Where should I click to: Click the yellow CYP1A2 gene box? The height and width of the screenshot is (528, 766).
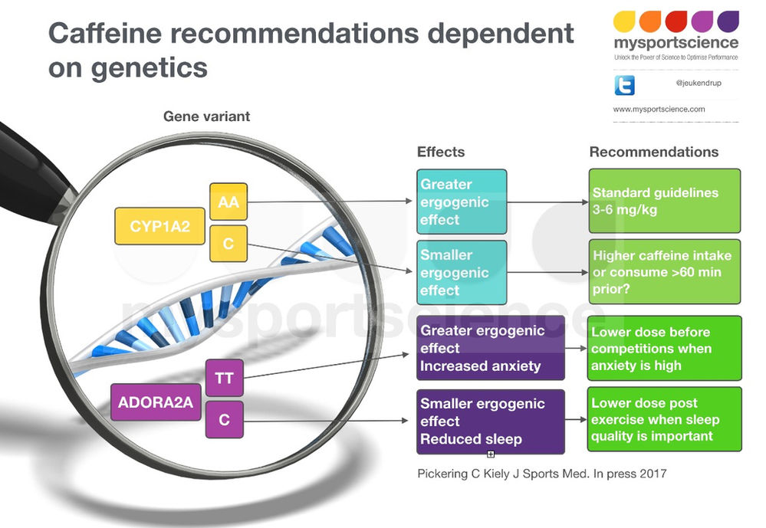159,227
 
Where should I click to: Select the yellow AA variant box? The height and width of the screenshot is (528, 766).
228,202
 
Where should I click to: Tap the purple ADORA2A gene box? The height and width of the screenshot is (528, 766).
156,402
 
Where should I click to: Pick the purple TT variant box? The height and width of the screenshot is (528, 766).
224,378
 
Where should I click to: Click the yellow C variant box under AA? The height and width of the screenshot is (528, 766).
228,244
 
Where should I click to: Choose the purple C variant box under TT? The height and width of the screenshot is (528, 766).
224,420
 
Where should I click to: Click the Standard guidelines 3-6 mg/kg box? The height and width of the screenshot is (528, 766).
664,201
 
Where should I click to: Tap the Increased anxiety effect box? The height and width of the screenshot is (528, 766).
491,348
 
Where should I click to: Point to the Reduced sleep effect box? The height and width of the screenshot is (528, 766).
491,421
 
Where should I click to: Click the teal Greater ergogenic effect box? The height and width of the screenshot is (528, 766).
462,202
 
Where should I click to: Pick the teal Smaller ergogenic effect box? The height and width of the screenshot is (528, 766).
462,272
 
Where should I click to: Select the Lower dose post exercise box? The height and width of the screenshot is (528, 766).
664,419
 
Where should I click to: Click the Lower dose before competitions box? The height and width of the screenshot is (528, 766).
664,348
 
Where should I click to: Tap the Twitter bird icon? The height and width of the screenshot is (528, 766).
624,84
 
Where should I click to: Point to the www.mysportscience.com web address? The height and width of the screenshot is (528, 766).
659,110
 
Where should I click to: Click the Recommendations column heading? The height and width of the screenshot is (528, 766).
653,152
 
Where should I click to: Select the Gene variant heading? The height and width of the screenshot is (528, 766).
206,116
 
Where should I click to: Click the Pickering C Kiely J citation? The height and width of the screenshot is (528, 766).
541,474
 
